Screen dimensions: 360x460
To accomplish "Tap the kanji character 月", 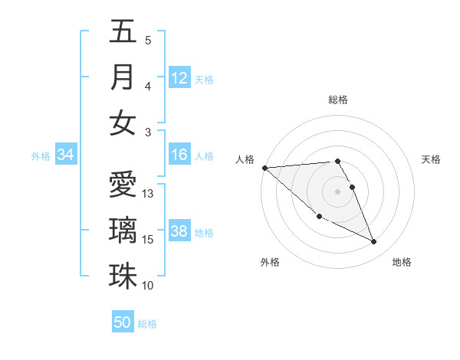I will pyautogui.click(x=123, y=77).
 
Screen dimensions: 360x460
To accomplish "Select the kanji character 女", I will pyautogui.click(x=123, y=123).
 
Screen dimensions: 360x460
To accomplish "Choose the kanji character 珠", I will pyautogui.click(x=123, y=276).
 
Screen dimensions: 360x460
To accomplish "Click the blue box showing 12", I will pyautogui.click(x=179, y=77).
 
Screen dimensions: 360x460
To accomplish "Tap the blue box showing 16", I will pyautogui.click(x=179, y=155).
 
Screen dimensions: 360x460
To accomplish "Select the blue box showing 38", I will pyautogui.click(x=179, y=231).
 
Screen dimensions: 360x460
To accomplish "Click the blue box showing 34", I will pyautogui.click(x=66, y=155).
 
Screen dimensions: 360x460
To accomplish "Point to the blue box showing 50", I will pyautogui.click(x=123, y=322).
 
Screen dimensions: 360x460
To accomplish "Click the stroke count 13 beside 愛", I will pyautogui.click(x=149, y=194).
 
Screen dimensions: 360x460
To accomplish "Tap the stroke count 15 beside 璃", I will pyautogui.click(x=149, y=240).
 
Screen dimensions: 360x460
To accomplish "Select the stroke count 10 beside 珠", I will pyautogui.click(x=149, y=286).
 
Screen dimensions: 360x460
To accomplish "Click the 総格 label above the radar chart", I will pyautogui.click(x=337, y=100).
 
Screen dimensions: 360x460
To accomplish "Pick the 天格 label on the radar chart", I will pyautogui.click(x=432, y=159).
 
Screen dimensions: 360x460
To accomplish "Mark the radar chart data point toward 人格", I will pyautogui.click(x=264, y=167).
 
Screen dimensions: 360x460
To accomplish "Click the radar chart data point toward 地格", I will pyautogui.click(x=374, y=242).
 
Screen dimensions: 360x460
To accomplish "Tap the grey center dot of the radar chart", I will pyautogui.click(x=337, y=191).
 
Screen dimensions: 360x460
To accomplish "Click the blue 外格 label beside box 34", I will pyautogui.click(x=41, y=156).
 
